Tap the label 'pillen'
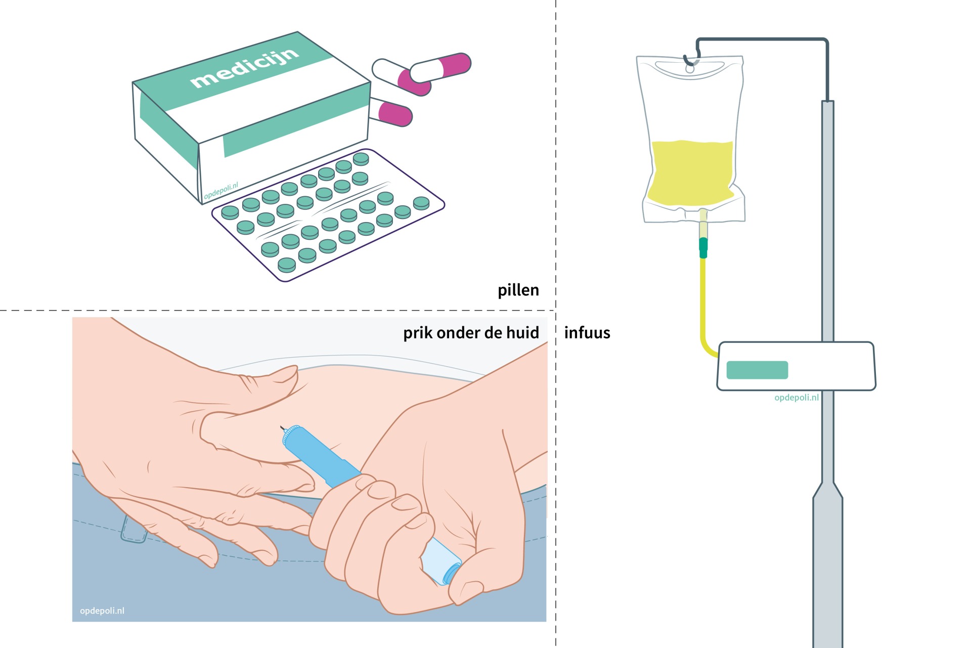518,290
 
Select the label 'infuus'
587,332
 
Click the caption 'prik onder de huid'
471,333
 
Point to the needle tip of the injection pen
281,428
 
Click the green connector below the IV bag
703,247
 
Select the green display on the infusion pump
757,370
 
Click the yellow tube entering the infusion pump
704,314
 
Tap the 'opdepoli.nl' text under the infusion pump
797,398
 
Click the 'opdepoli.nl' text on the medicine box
221,191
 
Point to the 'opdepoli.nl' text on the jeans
102,611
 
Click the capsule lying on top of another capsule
440,66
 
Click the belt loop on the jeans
132,531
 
